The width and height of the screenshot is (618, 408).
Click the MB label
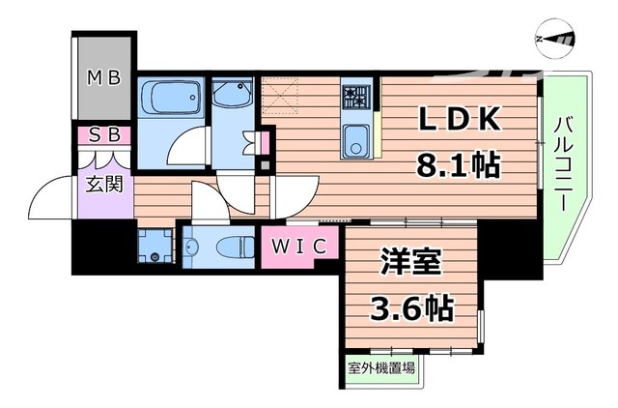[x=104, y=77]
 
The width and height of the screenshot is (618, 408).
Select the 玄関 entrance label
[x=106, y=183]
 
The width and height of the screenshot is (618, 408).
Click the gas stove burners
[x=354, y=96]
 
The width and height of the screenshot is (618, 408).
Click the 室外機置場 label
[x=382, y=368]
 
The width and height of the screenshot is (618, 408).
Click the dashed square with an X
[x=280, y=97]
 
